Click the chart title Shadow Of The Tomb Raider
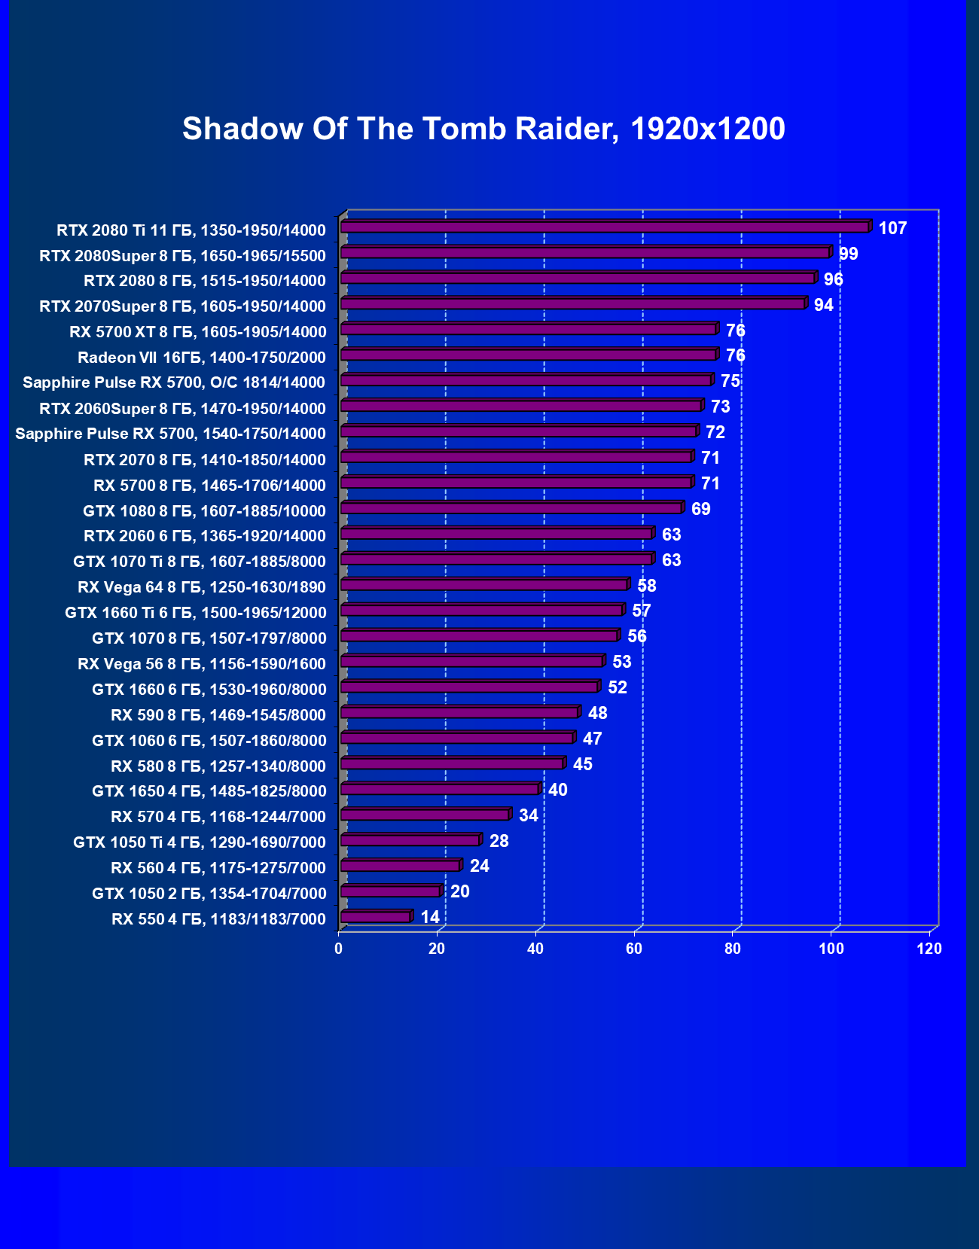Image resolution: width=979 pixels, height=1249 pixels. click(483, 129)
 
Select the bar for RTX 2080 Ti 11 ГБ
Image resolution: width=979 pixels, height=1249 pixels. click(605, 227)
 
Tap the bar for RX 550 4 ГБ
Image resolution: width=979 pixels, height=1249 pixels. click(375, 917)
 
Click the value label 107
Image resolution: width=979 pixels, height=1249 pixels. click(892, 228)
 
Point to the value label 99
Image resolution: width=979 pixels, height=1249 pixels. click(848, 254)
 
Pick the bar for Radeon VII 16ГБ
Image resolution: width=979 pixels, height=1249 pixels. click(528, 355)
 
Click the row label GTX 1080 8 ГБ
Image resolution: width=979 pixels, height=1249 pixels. click(204, 511)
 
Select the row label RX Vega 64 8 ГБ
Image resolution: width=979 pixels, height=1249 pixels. click(201, 587)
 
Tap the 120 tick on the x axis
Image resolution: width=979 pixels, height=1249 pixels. click(929, 949)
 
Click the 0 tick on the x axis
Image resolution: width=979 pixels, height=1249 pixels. click(339, 949)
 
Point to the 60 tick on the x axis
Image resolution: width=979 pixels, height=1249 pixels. click(634, 949)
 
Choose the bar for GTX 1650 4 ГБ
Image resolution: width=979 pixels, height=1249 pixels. click(440, 789)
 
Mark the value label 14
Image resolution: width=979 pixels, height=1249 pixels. click(430, 917)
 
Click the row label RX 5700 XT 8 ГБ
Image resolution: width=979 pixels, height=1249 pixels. click(197, 332)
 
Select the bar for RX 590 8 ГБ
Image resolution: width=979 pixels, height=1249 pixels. click(459, 712)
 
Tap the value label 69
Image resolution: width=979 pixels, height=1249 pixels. click(700, 509)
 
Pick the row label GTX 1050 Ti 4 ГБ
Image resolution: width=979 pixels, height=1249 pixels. click(199, 842)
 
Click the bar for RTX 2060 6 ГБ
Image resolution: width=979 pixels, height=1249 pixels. click(496, 534)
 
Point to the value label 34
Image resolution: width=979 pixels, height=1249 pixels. click(529, 815)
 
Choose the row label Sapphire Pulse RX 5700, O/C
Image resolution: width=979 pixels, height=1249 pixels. click(174, 382)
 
